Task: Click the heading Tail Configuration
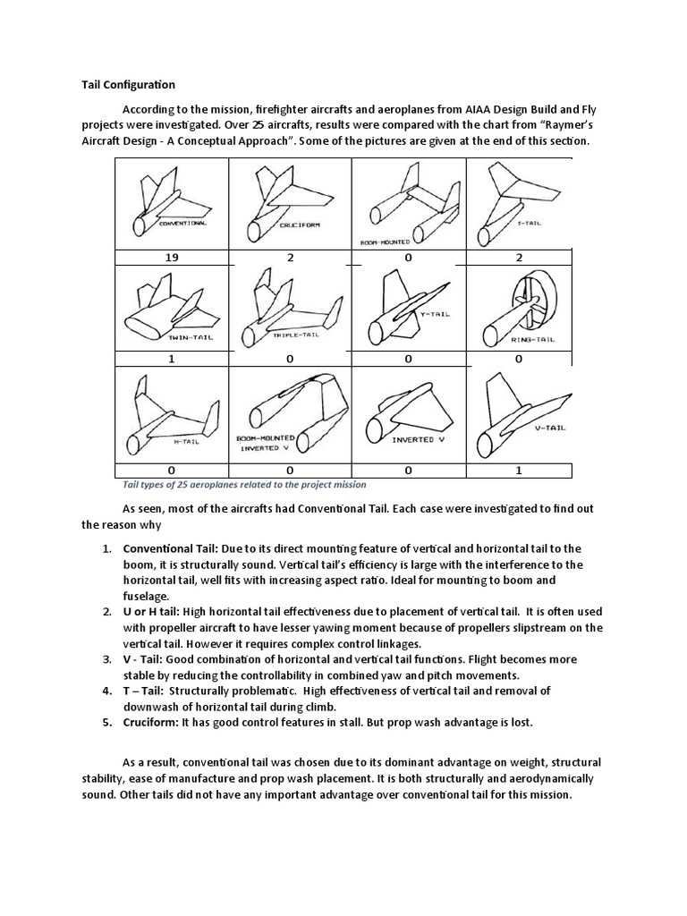(x=123, y=85)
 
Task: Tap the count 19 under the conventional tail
(x=171, y=257)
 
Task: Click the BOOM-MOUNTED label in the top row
(x=385, y=242)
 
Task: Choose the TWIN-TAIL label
(x=165, y=339)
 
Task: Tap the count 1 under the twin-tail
(x=171, y=359)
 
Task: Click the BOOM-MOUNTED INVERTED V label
(x=266, y=443)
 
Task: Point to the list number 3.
(x=106, y=659)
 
